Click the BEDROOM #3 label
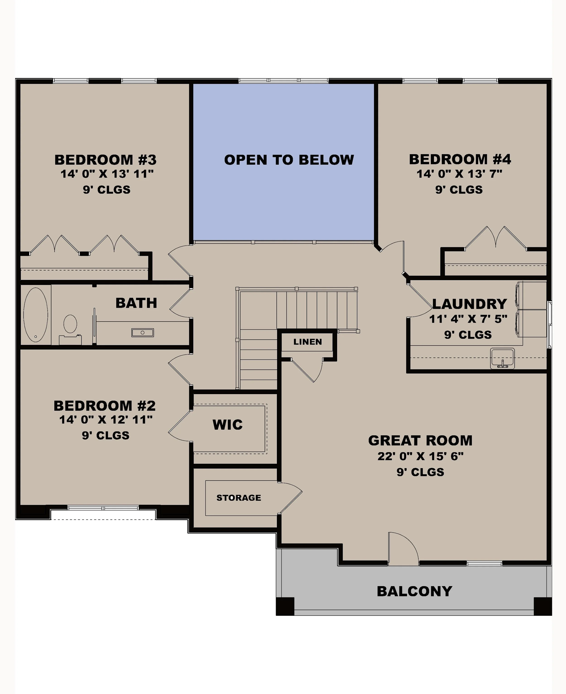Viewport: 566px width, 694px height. [105, 160]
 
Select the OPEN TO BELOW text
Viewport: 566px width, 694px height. [289, 160]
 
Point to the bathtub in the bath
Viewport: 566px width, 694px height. [36, 315]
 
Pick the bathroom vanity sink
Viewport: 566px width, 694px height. [142, 332]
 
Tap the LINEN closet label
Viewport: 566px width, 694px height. [307, 342]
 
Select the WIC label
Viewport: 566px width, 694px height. [228, 425]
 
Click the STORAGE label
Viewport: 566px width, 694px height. [239, 498]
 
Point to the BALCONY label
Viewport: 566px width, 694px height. [414, 591]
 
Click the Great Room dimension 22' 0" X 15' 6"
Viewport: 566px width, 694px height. [420, 456]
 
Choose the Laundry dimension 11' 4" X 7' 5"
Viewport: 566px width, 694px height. [468, 319]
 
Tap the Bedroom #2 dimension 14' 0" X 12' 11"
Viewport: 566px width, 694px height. [106, 420]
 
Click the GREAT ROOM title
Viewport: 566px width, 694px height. [420, 441]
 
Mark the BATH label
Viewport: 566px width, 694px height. [136, 303]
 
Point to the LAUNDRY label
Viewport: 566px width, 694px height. [470, 304]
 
